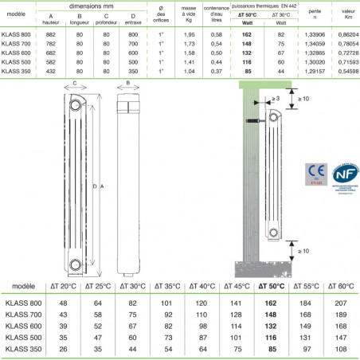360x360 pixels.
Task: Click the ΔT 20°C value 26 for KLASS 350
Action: [x=62, y=349]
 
